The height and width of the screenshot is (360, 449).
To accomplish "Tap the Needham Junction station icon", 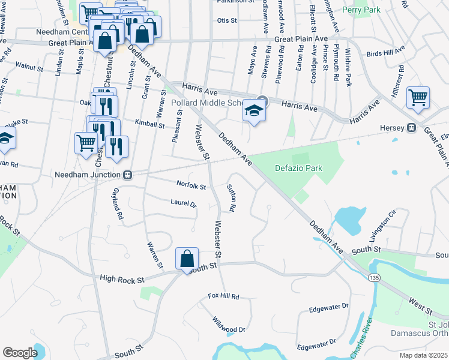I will (127, 175).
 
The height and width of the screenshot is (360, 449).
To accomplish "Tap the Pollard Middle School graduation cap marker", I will (254, 112).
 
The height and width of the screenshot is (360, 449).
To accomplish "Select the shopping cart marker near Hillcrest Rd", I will (418, 97).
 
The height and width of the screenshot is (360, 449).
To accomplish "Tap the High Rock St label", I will (122, 279).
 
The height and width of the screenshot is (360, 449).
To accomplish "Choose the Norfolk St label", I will (191, 185).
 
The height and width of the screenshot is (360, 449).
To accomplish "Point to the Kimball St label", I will (150, 125).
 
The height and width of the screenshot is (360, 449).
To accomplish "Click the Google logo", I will (20, 352).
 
